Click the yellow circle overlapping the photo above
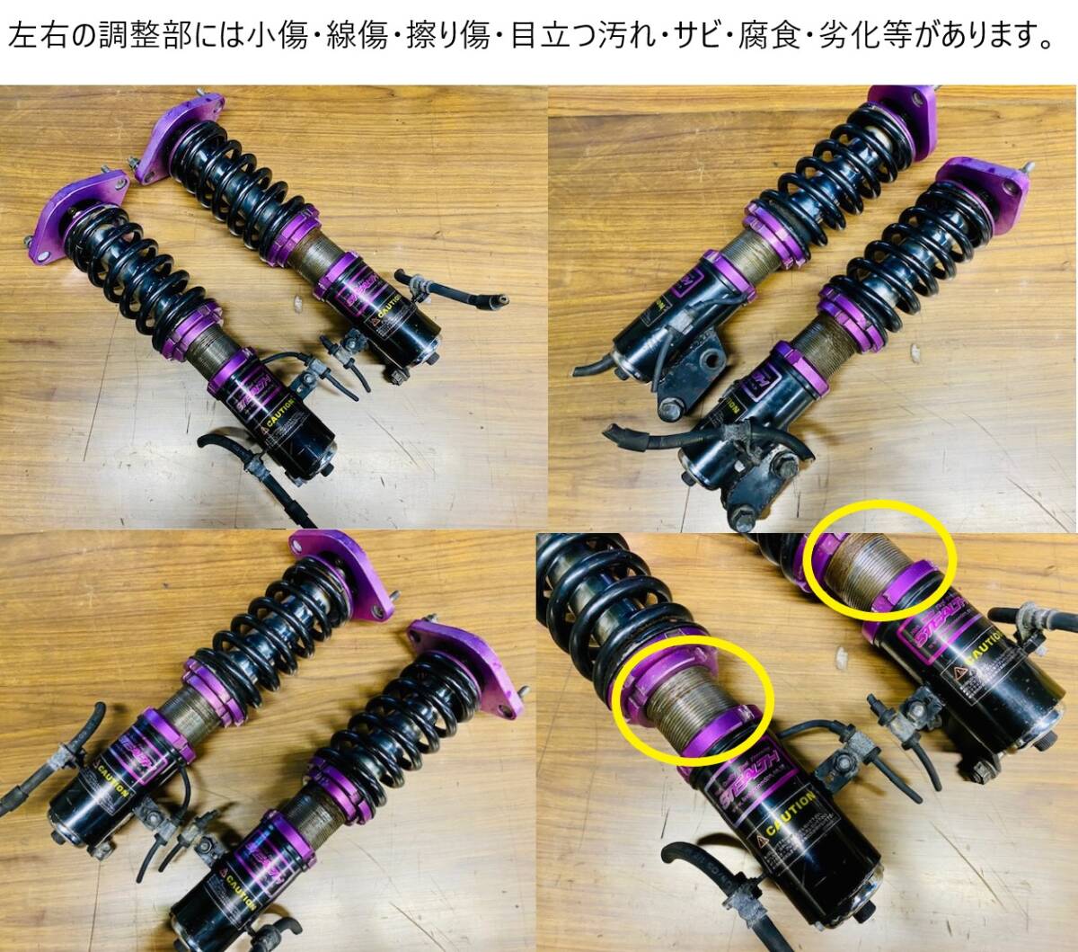click(x=880, y=559)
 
